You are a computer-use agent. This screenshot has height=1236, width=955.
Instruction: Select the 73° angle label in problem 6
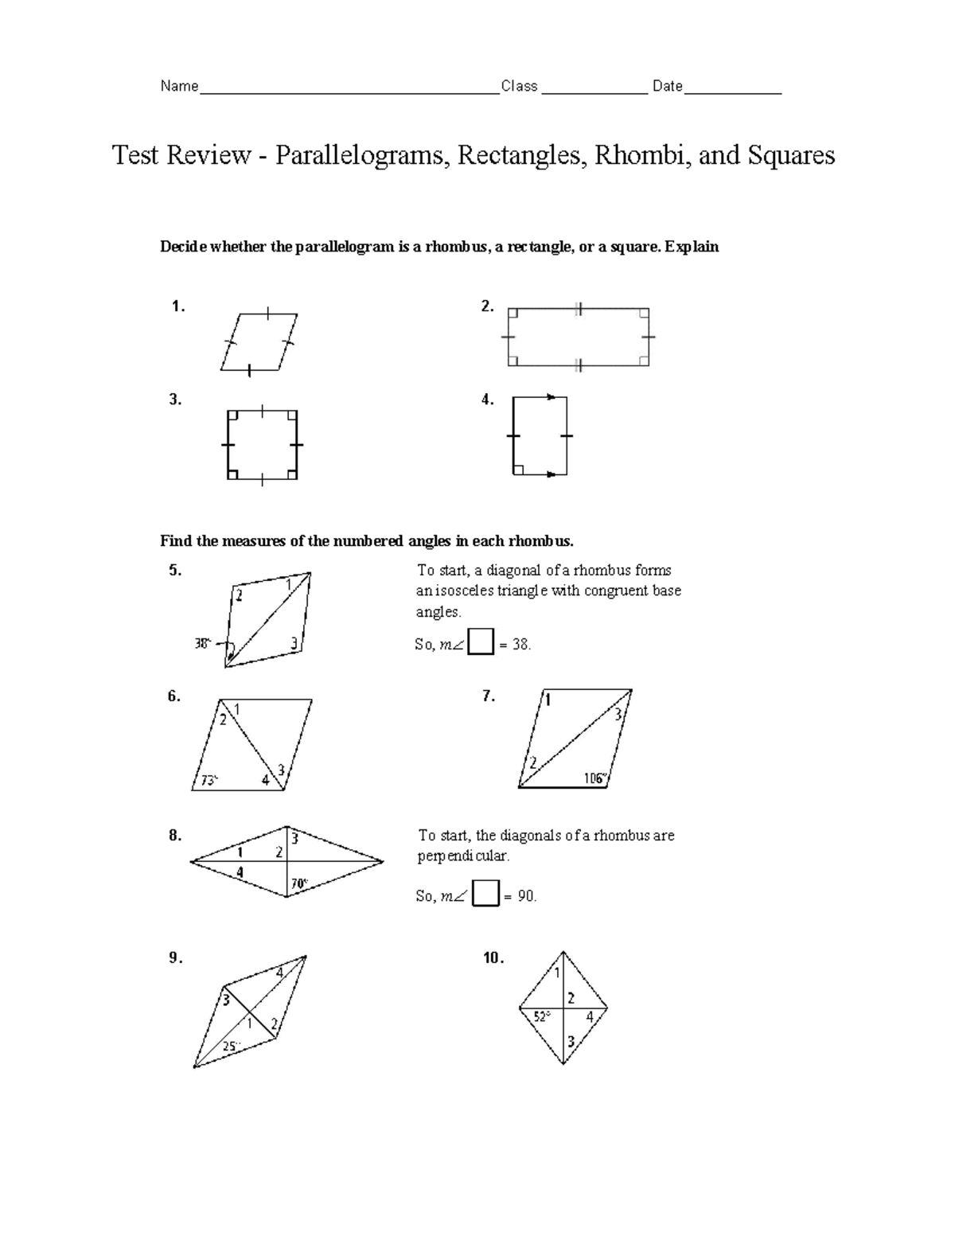click(x=209, y=781)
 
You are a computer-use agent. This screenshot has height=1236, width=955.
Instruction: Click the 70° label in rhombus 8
click(x=299, y=883)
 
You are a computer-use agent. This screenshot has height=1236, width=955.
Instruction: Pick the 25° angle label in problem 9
click(x=230, y=1047)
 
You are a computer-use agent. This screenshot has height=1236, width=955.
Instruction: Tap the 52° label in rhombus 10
click(x=542, y=1016)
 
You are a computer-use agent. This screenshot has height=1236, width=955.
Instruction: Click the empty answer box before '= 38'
click(x=481, y=641)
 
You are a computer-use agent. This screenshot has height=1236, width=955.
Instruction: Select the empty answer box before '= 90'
click(x=485, y=894)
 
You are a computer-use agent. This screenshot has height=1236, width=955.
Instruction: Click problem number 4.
click(x=487, y=400)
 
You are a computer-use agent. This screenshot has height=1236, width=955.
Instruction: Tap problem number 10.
click(x=493, y=958)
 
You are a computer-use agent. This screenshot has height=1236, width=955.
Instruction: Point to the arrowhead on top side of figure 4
click(x=549, y=396)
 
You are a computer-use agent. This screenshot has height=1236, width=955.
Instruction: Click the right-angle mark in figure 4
click(x=518, y=470)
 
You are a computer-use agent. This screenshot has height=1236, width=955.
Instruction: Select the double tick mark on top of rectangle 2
click(x=579, y=309)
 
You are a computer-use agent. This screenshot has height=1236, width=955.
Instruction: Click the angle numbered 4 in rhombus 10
click(x=590, y=1016)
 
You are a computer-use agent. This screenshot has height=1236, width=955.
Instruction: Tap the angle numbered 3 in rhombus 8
click(x=294, y=838)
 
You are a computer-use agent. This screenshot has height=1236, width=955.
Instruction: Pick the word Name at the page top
click(x=179, y=86)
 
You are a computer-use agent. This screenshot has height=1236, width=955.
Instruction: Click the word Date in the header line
click(x=668, y=86)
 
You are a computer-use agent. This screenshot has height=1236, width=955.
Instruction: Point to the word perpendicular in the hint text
click(x=463, y=856)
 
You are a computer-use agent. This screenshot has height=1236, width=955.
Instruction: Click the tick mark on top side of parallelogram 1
click(x=268, y=314)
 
